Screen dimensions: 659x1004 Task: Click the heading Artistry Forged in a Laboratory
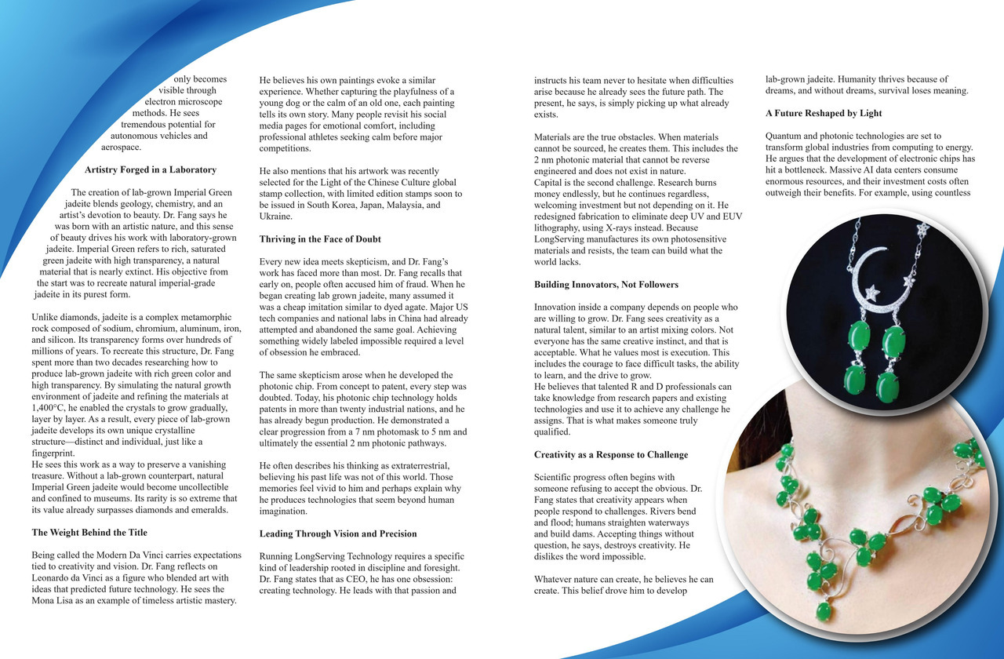(x=151, y=169)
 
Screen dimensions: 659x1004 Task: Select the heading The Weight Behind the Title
(x=89, y=533)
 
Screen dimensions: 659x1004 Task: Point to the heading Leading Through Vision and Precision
(x=338, y=533)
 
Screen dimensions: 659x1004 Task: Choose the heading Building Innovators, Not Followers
(x=606, y=284)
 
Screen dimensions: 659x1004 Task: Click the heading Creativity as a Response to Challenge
(x=611, y=454)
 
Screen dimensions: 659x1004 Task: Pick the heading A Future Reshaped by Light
(x=824, y=114)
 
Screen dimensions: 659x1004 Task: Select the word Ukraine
(x=277, y=217)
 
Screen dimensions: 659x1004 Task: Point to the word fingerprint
(x=53, y=453)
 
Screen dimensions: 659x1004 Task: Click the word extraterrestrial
(x=414, y=466)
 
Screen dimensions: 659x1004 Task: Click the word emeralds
(x=208, y=510)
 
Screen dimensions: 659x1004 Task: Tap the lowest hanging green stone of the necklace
(x=823, y=611)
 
